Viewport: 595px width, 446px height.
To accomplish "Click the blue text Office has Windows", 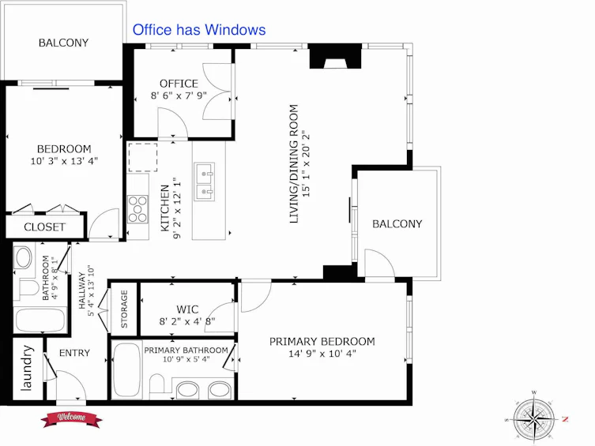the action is [x=199, y=29].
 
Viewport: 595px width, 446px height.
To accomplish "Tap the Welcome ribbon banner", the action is [x=72, y=418].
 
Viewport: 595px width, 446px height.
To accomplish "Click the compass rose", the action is [x=534, y=418].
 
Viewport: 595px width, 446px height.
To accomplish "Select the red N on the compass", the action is [x=565, y=419].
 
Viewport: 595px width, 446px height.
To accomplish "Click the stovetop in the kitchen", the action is [x=137, y=208].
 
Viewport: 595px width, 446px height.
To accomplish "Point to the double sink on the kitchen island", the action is [x=205, y=182].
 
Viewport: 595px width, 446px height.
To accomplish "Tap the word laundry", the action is [x=27, y=368].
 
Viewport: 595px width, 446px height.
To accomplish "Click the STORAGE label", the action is [x=124, y=309].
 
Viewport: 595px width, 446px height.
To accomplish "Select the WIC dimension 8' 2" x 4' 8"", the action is [x=187, y=322].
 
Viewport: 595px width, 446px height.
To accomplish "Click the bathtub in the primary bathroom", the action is [x=126, y=370].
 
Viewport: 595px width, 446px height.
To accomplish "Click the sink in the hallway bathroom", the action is [x=24, y=257].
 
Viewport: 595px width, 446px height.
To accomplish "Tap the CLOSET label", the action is [x=44, y=227].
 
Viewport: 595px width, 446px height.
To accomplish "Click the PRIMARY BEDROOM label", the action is [x=322, y=342].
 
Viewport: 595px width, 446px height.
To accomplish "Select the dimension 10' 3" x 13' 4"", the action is [x=64, y=161].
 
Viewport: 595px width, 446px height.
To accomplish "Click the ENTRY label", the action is [x=74, y=353].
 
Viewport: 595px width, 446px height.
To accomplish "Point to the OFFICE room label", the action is [x=179, y=84].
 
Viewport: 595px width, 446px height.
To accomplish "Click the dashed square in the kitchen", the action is [x=143, y=157].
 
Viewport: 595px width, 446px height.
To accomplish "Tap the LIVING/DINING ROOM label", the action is [x=294, y=163].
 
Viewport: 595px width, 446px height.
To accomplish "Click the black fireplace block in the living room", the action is [x=335, y=56].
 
